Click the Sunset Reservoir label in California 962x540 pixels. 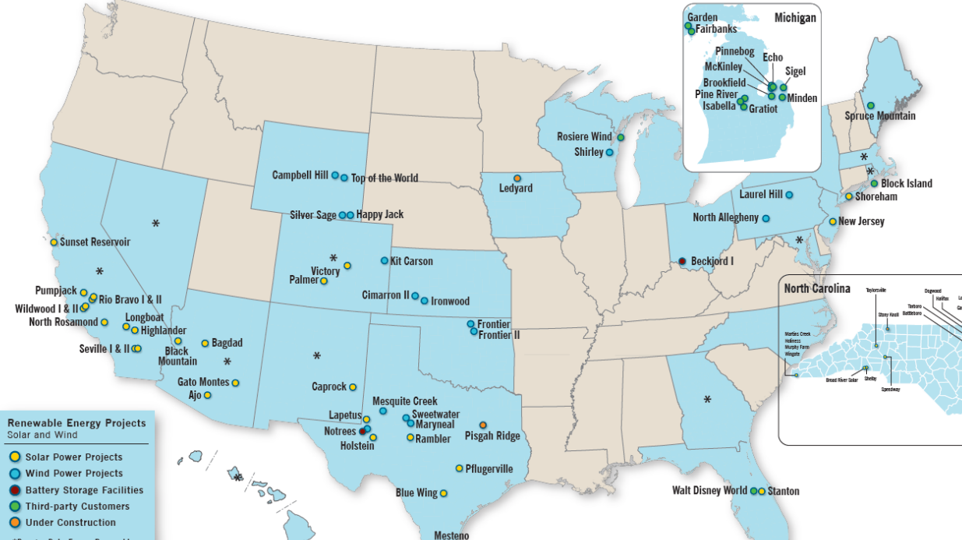click(x=95, y=242)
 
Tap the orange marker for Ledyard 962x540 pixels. click(x=517, y=178)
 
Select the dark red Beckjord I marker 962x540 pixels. click(x=682, y=261)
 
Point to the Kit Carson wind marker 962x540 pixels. click(x=384, y=261)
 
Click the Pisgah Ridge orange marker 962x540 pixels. click(x=483, y=425)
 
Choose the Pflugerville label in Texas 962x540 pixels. click(x=489, y=469)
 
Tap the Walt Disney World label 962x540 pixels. click(x=710, y=491)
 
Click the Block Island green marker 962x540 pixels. click(x=874, y=184)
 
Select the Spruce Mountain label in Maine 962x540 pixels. click(x=880, y=116)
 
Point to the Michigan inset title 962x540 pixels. click(x=795, y=17)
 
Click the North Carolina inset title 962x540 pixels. click(x=817, y=289)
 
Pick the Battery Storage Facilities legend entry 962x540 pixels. click(x=84, y=490)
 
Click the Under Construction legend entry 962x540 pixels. click(x=70, y=523)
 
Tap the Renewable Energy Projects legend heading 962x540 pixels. click(x=76, y=423)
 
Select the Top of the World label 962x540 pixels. click(x=384, y=178)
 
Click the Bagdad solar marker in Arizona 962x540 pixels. click(x=205, y=343)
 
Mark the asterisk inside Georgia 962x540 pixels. click(x=707, y=400)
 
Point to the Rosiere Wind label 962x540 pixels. click(x=584, y=137)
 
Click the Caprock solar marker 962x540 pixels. click(x=353, y=386)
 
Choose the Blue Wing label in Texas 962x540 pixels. click(x=415, y=493)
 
